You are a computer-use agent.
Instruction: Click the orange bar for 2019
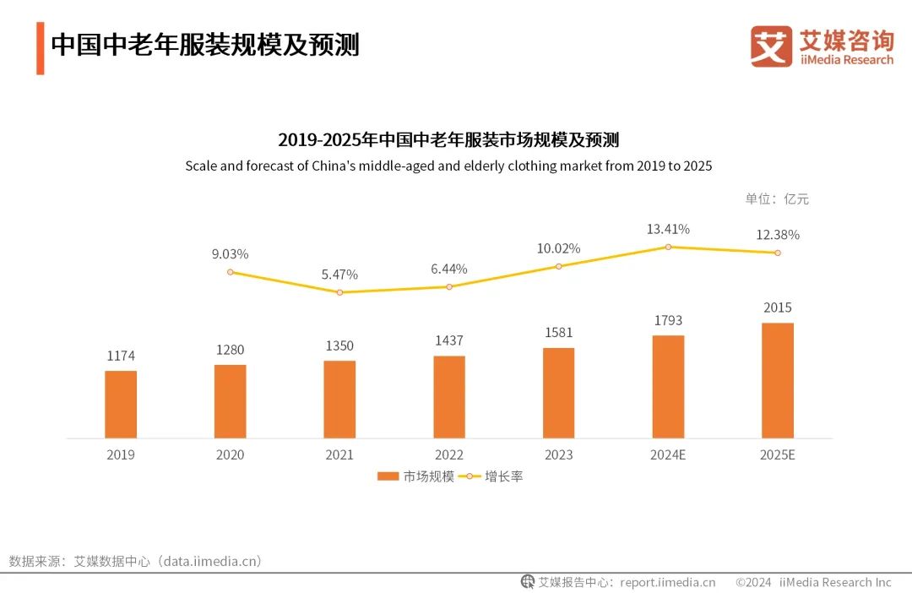pyautogui.click(x=121, y=405)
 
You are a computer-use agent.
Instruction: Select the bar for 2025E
pyautogui.click(x=778, y=380)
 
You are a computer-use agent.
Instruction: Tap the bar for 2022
pyautogui.click(x=449, y=397)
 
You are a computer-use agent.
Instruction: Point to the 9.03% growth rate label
pyautogui.click(x=231, y=254)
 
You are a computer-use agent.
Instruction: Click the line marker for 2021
pyautogui.click(x=339, y=292)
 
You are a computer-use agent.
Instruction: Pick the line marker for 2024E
pyautogui.click(x=668, y=247)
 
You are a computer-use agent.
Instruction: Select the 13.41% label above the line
pyautogui.click(x=668, y=229)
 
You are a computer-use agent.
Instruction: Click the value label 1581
pyautogui.click(x=558, y=333)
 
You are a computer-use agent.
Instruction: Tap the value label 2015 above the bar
pyautogui.click(x=778, y=307)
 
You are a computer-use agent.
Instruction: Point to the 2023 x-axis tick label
pyautogui.click(x=558, y=455)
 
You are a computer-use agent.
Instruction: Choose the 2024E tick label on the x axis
pyautogui.click(x=668, y=455)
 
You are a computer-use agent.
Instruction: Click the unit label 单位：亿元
pyautogui.click(x=777, y=199)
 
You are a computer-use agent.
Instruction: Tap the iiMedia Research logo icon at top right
pyautogui.click(x=771, y=46)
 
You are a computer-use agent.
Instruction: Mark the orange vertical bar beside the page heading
pyautogui.click(x=40, y=48)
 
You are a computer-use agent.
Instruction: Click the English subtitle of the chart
pyautogui.click(x=448, y=166)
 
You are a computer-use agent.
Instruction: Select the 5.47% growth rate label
pyautogui.click(x=339, y=275)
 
